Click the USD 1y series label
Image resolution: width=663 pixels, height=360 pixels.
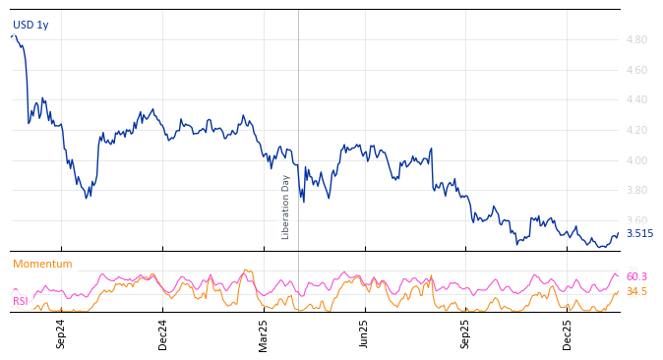click(x=30, y=26)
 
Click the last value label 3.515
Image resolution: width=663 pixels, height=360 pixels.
click(x=639, y=234)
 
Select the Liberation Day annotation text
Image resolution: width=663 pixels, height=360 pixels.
click(x=286, y=208)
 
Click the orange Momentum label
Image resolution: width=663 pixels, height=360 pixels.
click(x=42, y=265)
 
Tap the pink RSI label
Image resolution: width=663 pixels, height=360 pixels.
click(x=21, y=302)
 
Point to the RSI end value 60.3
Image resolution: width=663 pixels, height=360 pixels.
click(x=636, y=277)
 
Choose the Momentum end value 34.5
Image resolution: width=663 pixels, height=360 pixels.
click(x=636, y=292)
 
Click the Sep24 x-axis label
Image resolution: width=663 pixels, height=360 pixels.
click(x=61, y=333)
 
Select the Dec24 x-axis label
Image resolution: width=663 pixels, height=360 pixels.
click(x=163, y=333)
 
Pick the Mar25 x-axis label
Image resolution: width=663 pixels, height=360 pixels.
click(x=264, y=333)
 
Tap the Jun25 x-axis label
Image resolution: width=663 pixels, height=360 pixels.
click(x=365, y=333)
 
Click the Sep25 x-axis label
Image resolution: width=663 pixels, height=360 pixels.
click(x=466, y=333)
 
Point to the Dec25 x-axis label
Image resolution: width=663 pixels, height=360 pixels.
click(x=568, y=333)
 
